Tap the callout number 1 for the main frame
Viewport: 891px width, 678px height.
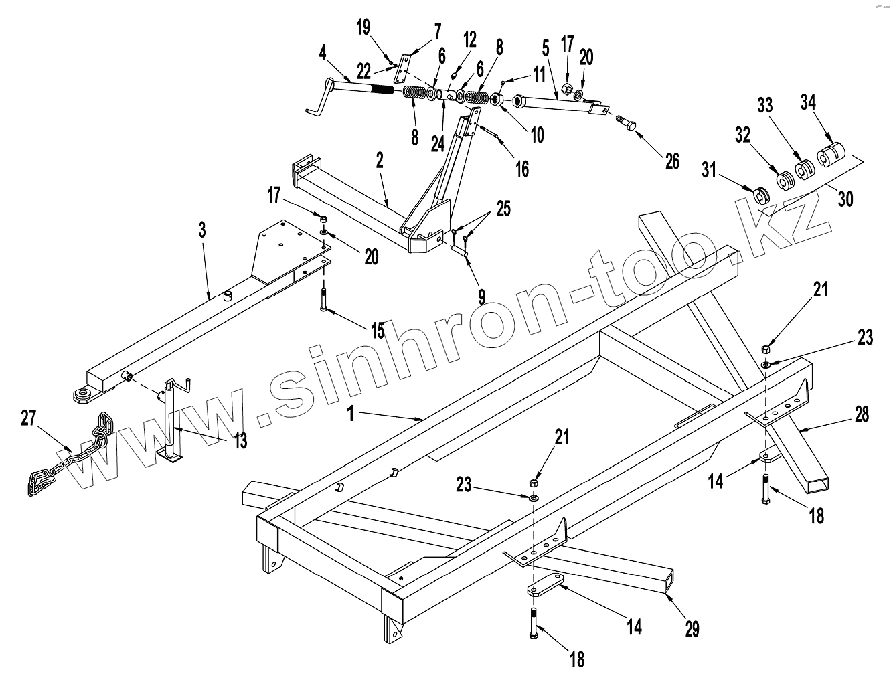pos(350,413)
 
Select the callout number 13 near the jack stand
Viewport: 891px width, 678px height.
pos(240,440)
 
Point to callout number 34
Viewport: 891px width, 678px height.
pos(808,103)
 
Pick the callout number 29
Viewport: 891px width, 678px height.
pos(692,628)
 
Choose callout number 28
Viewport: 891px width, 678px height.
pos(862,415)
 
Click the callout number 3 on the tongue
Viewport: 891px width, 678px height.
pos(202,231)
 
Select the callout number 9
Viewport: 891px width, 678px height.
pos(481,294)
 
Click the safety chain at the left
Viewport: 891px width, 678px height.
pos(64,462)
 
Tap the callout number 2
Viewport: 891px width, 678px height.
pos(380,160)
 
